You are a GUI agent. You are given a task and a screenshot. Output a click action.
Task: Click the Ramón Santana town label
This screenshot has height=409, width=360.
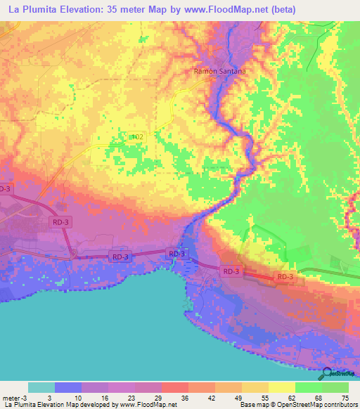click(219, 71)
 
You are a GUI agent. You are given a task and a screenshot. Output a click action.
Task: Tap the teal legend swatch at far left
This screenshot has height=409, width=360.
click(41, 388)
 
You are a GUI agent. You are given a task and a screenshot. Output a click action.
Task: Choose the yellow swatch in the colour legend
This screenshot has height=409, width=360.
click(282, 388)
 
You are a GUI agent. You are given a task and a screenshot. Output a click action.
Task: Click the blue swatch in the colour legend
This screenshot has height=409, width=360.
click(67, 388)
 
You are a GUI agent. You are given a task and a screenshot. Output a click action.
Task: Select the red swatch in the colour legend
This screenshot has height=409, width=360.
click(174, 388)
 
